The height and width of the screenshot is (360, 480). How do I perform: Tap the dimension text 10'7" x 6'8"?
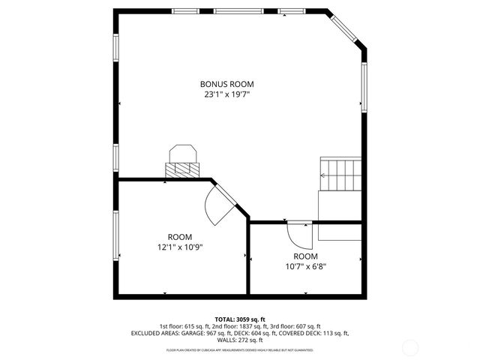305,265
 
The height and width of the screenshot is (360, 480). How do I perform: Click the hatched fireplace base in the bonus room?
182,170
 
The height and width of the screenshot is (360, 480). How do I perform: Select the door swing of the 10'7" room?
300,236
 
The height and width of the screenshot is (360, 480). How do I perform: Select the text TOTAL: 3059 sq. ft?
239,319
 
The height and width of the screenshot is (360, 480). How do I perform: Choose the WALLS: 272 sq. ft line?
240,340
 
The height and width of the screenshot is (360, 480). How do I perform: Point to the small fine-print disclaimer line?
239,349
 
